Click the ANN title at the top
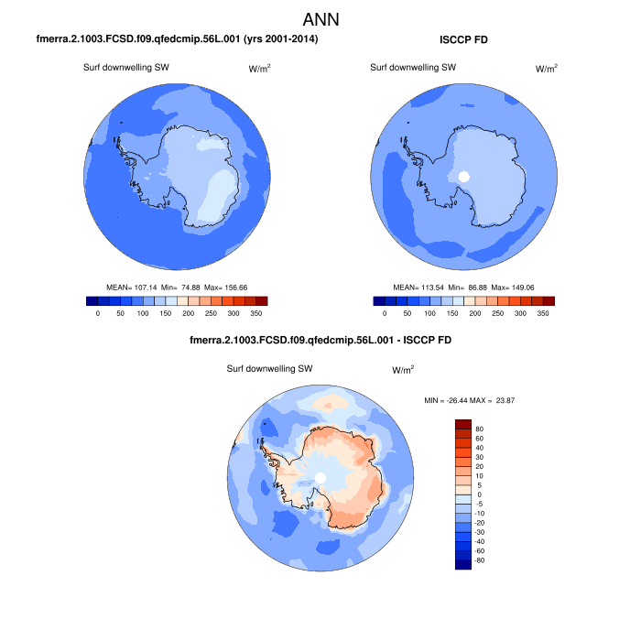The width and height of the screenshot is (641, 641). (x=320, y=19)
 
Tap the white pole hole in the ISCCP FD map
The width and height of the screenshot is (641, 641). (x=463, y=177)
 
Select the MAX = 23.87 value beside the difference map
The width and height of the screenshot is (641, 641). (x=502, y=401)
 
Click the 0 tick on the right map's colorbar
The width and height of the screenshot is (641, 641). (x=385, y=313)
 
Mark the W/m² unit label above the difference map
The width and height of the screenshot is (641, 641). (x=403, y=370)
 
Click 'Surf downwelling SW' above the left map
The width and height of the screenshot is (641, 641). (x=126, y=68)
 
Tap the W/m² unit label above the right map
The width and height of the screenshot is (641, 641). (x=546, y=69)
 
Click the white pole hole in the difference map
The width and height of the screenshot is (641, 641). (x=320, y=477)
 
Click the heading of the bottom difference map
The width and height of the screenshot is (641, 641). (x=320, y=340)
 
